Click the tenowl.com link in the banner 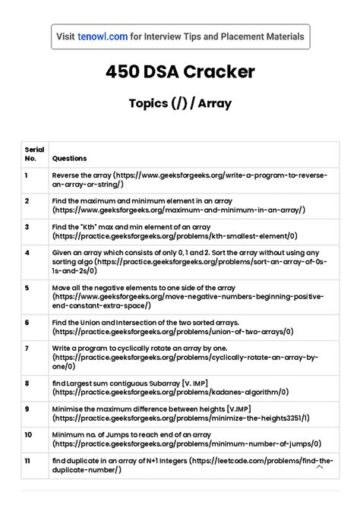click(102, 36)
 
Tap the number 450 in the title click(123, 72)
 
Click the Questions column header click(69, 159)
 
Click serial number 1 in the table click(27, 175)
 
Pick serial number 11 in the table click(28, 460)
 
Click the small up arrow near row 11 click(320, 467)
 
